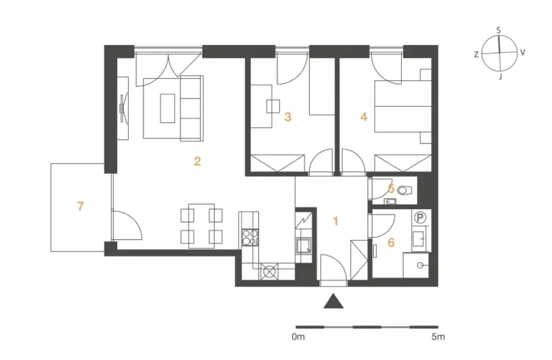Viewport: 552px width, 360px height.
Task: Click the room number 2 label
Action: [197, 161]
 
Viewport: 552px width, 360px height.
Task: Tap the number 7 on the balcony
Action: [81, 206]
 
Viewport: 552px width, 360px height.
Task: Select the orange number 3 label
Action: [288, 116]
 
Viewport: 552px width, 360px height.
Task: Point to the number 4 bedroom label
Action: [364, 116]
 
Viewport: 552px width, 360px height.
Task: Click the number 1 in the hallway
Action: [336, 221]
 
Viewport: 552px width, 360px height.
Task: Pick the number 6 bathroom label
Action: [391, 242]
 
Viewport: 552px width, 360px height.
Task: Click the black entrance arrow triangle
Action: [333, 301]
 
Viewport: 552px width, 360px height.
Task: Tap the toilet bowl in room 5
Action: [405, 191]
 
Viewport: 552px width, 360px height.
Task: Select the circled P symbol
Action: [420, 218]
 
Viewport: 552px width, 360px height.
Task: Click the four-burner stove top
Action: [250, 237]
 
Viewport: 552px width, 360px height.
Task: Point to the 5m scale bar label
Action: [439, 336]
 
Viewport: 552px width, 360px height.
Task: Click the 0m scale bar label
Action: [298, 336]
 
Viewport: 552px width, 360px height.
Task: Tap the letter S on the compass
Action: [498, 30]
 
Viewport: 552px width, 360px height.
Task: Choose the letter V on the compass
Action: [523, 52]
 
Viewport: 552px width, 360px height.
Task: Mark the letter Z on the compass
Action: [476, 54]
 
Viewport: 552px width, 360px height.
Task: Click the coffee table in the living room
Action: [168, 108]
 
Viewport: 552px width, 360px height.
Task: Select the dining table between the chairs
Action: [202, 226]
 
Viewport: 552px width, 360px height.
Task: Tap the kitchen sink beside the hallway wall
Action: [303, 246]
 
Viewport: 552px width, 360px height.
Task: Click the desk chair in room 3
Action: [273, 106]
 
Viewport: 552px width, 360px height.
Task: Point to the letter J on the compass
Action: [500, 77]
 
